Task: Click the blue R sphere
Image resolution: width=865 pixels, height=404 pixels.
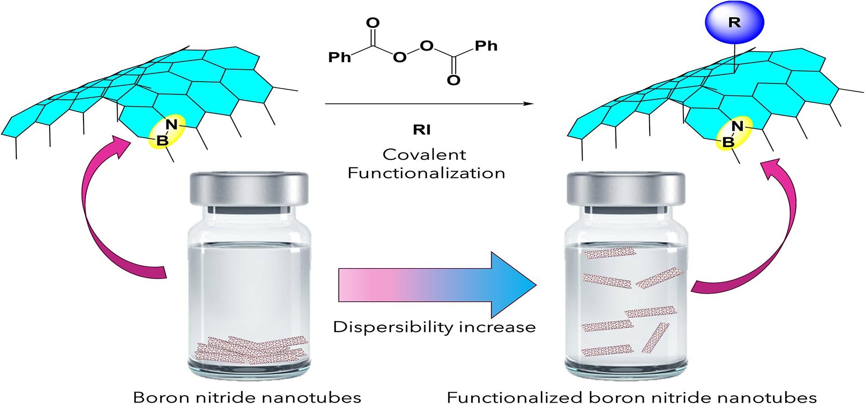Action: pyautogui.click(x=734, y=23)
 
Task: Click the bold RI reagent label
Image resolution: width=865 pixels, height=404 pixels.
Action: pyautogui.click(x=422, y=130)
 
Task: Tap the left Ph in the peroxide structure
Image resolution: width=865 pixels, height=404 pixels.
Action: pyautogui.click(x=340, y=57)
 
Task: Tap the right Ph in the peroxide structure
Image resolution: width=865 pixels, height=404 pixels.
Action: pyautogui.click(x=486, y=46)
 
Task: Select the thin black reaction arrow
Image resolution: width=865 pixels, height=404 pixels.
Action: pyautogui.click(x=429, y=104)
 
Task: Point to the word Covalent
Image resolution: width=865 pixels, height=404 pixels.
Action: pyautogui.click(x=424, y=155)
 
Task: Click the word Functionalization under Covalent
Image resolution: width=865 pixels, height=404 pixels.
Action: pyautogui.click(x=426, y=173)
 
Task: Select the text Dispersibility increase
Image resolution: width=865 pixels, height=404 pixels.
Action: pyautogui.click(x=434, y=327)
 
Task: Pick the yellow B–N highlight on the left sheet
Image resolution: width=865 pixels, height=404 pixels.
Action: pyautogui.click(x=166, y=132)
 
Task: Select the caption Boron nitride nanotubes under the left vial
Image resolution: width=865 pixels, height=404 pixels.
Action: pyautogui.click(x=247, y=396)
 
